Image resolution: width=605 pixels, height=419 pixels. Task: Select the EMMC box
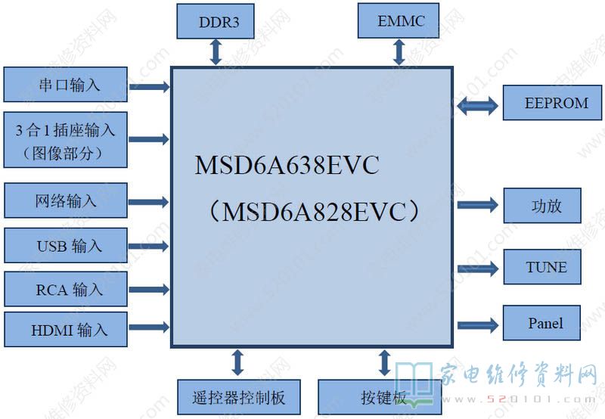pyautogui.click(x=401, y=21)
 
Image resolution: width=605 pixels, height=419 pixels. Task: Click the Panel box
pyautogui.click(x=544, y=324)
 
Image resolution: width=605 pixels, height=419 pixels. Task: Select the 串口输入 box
pyautogui.click(x=66, y=84)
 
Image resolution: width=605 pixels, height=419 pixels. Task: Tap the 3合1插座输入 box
pyautogui.click(x=66, y=139)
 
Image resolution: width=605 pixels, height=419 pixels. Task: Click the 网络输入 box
pyautogui.click(x=66, y=201)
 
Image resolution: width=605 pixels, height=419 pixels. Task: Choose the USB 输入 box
pyautogui.click(x=66, y=245)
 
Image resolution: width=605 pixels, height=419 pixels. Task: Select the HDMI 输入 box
pyautogui.click(x=66, y=330)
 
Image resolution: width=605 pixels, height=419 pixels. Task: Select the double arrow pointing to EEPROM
pyautogui.click(x=478, y=104)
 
